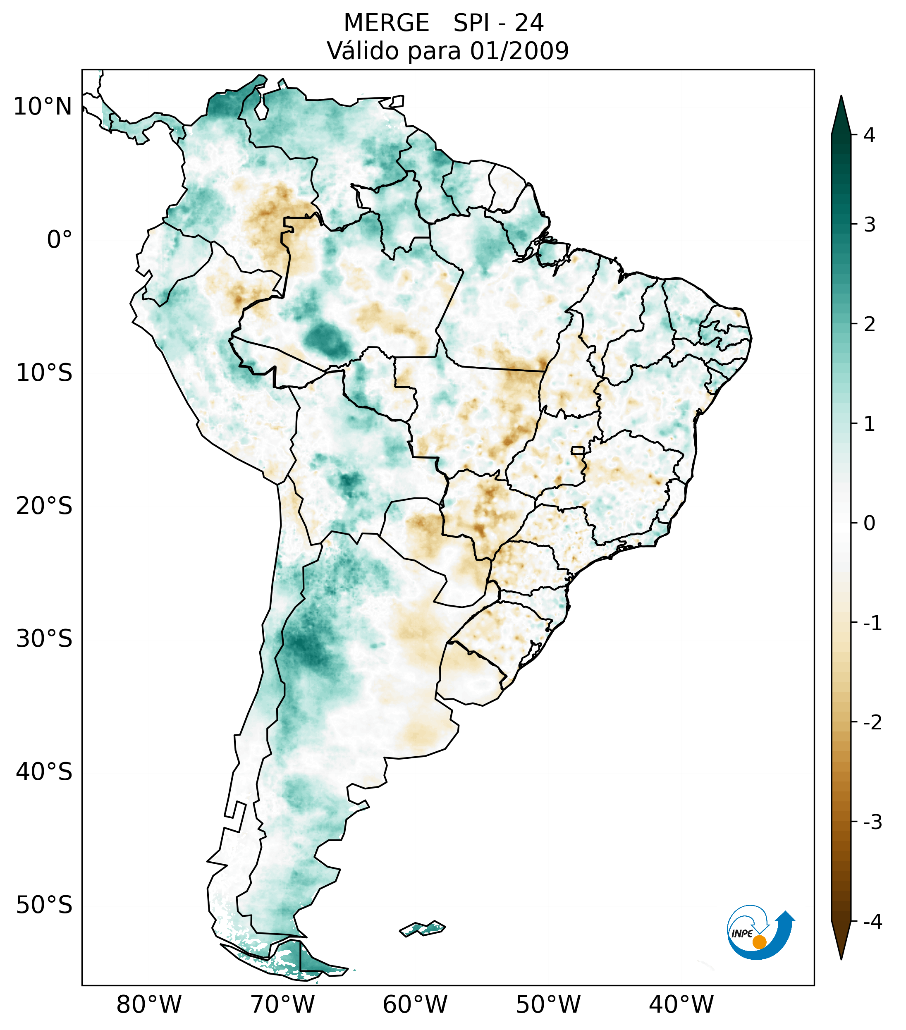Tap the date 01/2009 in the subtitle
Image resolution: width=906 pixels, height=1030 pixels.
coord(519,51)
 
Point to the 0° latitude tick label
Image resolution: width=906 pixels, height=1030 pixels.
coord(60,240)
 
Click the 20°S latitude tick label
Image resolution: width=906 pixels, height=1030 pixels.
coord(44,506)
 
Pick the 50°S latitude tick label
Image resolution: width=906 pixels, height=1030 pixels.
coord(44,906)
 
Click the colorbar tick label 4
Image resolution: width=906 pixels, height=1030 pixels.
coord(869,135)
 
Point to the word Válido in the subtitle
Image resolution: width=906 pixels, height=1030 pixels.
coord(359,51)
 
